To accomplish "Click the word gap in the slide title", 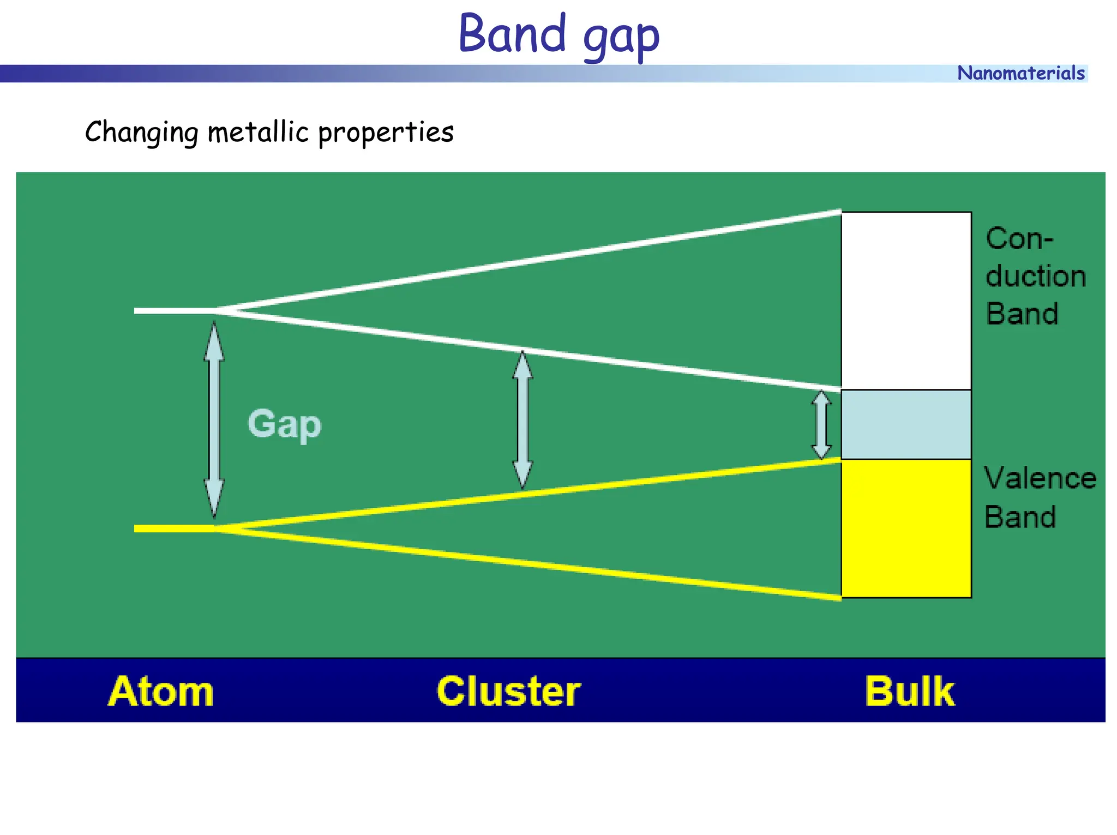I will click(621, 38).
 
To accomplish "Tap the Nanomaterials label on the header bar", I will click(1020, 73).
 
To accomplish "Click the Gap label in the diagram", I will click(284, 424).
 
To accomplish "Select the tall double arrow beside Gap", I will click(214, 419).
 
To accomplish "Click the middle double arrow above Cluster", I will click(523, 420).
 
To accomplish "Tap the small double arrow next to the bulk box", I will click(821, 425).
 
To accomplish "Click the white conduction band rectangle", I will click(906, 301).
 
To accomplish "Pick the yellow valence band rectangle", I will click(906, 528).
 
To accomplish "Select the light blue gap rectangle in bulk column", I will click(906, 424).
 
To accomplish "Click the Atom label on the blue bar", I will click(161, 691).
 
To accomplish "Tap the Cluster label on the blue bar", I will click(508, 691).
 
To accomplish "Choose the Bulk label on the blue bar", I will click(910, 691).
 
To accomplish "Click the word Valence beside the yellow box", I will click(1040, 478).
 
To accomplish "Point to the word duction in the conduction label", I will click(1035, 276).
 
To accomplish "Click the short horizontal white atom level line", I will click(175, 311).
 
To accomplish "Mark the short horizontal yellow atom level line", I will click(175, 528).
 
